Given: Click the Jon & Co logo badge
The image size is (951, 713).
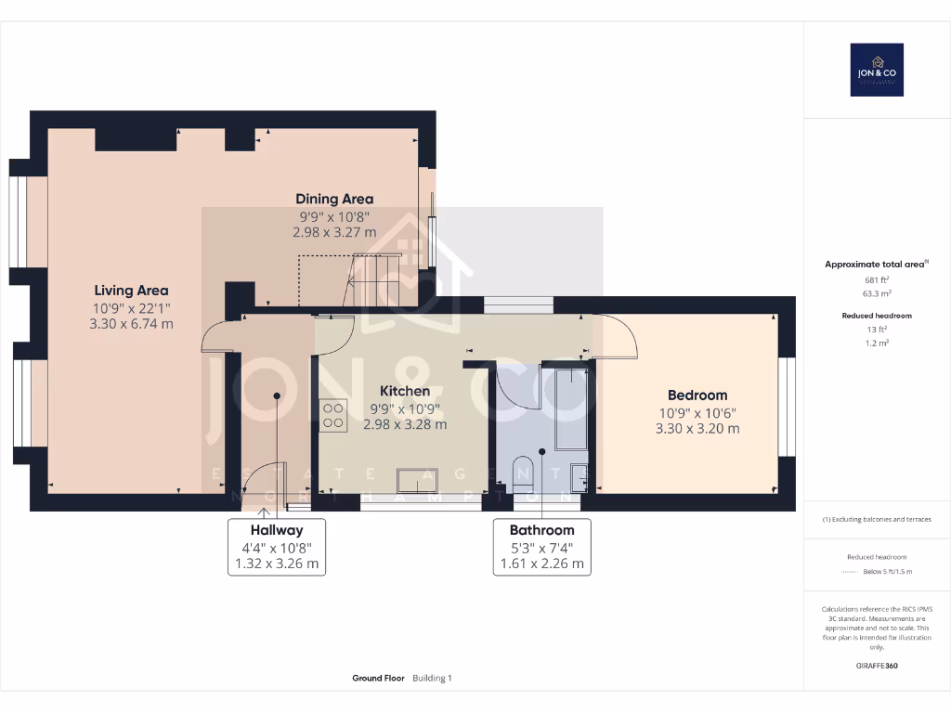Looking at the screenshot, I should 877,70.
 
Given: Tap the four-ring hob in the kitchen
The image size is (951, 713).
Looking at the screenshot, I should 333,414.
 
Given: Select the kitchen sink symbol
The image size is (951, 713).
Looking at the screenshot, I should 423,480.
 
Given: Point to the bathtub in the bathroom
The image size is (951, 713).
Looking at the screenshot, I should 570,408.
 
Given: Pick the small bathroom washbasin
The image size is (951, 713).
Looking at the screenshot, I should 580,473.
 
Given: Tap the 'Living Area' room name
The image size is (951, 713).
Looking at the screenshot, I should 131,291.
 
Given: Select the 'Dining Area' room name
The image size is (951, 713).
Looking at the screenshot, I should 334,199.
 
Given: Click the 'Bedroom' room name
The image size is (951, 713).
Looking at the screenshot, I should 693,395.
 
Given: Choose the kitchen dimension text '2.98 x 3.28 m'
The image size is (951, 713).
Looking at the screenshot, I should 404,424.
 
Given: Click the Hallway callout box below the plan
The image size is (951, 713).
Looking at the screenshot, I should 277,547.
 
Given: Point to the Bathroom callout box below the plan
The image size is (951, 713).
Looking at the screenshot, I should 541,547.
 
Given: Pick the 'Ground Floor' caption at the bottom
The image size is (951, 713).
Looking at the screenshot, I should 378,679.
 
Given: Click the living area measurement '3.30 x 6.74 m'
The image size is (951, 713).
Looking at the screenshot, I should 131,324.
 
